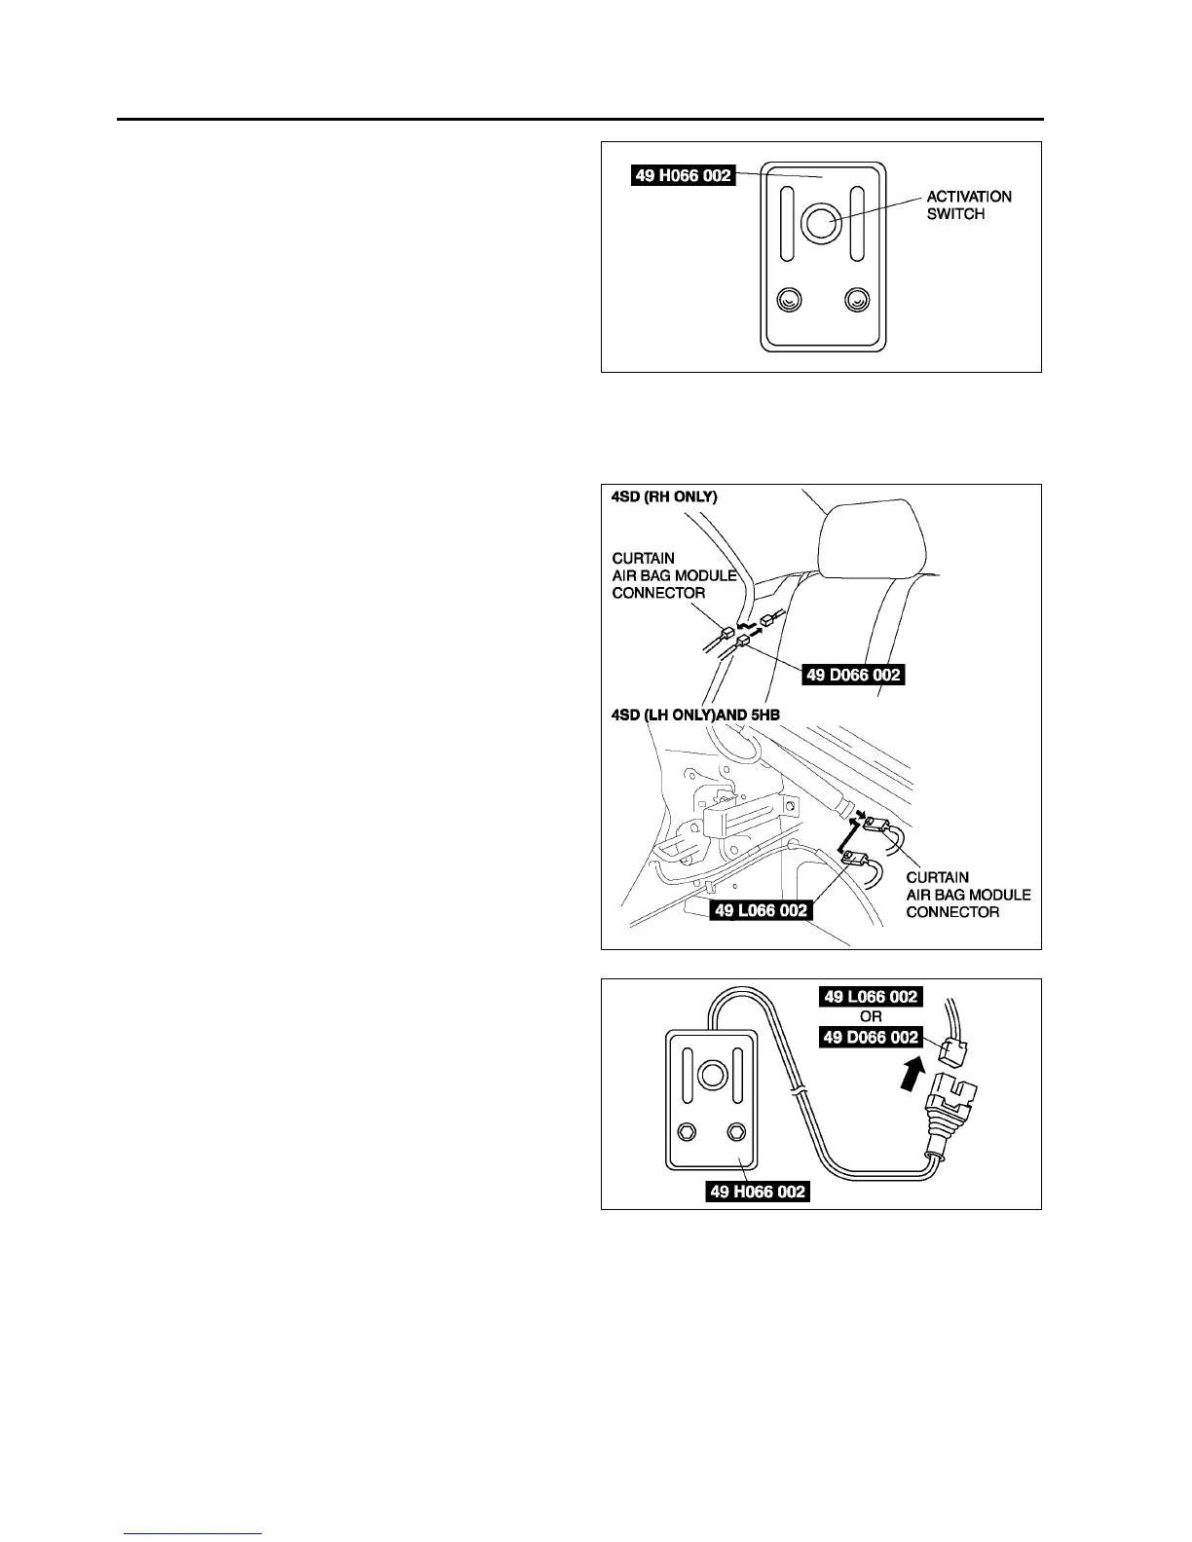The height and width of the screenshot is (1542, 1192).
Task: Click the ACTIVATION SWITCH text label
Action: [x=968, y=204]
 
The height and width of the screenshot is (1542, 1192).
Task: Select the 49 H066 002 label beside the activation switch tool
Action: [x=683, y=176]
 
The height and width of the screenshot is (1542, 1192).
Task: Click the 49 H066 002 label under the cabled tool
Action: [x=759, y=1191]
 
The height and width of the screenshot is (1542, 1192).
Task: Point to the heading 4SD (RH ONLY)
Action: [x=664, y=496]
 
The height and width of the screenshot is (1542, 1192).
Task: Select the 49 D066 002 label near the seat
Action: [x=854, y=674]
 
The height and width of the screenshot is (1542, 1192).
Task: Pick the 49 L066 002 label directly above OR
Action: [x=871, y=997]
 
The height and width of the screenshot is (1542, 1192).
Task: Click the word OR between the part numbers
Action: [x=871, y=1017]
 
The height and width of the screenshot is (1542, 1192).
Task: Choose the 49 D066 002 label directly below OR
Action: [x=871, y=1038]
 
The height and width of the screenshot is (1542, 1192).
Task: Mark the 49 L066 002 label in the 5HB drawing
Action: [x=761, y=910]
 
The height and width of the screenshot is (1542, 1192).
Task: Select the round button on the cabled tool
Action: [x=711, y=1076]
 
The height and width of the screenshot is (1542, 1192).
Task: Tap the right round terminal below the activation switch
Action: [x=857, y=300]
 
